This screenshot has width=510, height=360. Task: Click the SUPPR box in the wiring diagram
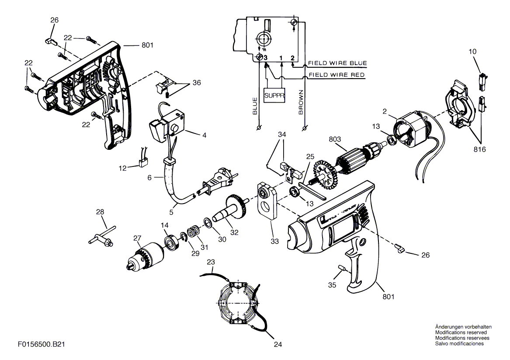(x=274, y=96)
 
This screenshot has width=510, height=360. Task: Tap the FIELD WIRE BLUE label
(x=337, y=63)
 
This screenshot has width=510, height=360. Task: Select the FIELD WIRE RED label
(x=337, y=75)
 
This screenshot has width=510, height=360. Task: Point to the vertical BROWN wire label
(x=301, y=102)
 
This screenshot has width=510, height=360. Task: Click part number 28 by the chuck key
(x=100, y=212)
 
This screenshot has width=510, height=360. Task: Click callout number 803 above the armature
(x=335, y=139)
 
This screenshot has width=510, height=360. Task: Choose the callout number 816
(x=479, y=149)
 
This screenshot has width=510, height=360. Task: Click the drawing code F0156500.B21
(x=42, y=344)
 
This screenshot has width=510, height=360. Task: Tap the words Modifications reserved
(x=461, y=332)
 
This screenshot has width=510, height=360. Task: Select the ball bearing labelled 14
(x=172, y=242)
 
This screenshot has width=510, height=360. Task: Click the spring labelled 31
(x=194, y=232)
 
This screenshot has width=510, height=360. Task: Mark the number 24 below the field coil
(x=278, y=344)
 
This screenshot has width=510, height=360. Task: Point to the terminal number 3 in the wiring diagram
(x=266, y=58)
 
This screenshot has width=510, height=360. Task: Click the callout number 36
(x=197, y=83)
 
